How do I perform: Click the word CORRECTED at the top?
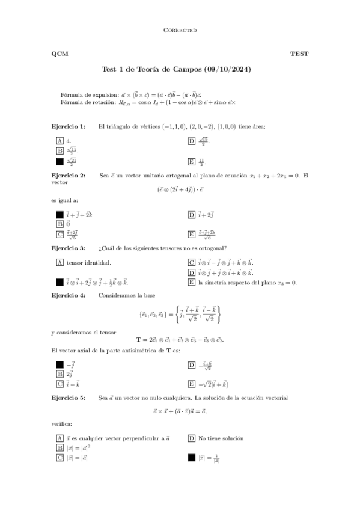click(x=180, y=30)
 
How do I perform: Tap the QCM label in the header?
click(x=59, y=54)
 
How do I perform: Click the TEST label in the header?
click(x=299, y=54)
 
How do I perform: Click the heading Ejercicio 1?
click(x=69, y=126)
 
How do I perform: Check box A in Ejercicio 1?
click(x=59, y=140)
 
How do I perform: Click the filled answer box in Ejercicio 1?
click(x=59, y=161)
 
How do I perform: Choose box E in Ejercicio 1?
click(x=191, y=161)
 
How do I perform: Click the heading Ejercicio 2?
click(x=69, y=176)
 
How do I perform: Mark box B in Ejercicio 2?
click(x=59, y=224)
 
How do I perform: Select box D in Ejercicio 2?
click(x=191, y=214)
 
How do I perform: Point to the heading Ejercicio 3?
click(x=69, y=248)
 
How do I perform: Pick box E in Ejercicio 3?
click(x=191, y=282)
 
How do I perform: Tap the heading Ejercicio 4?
click(x=69, y=295)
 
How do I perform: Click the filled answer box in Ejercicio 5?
click(x=191, y=458)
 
